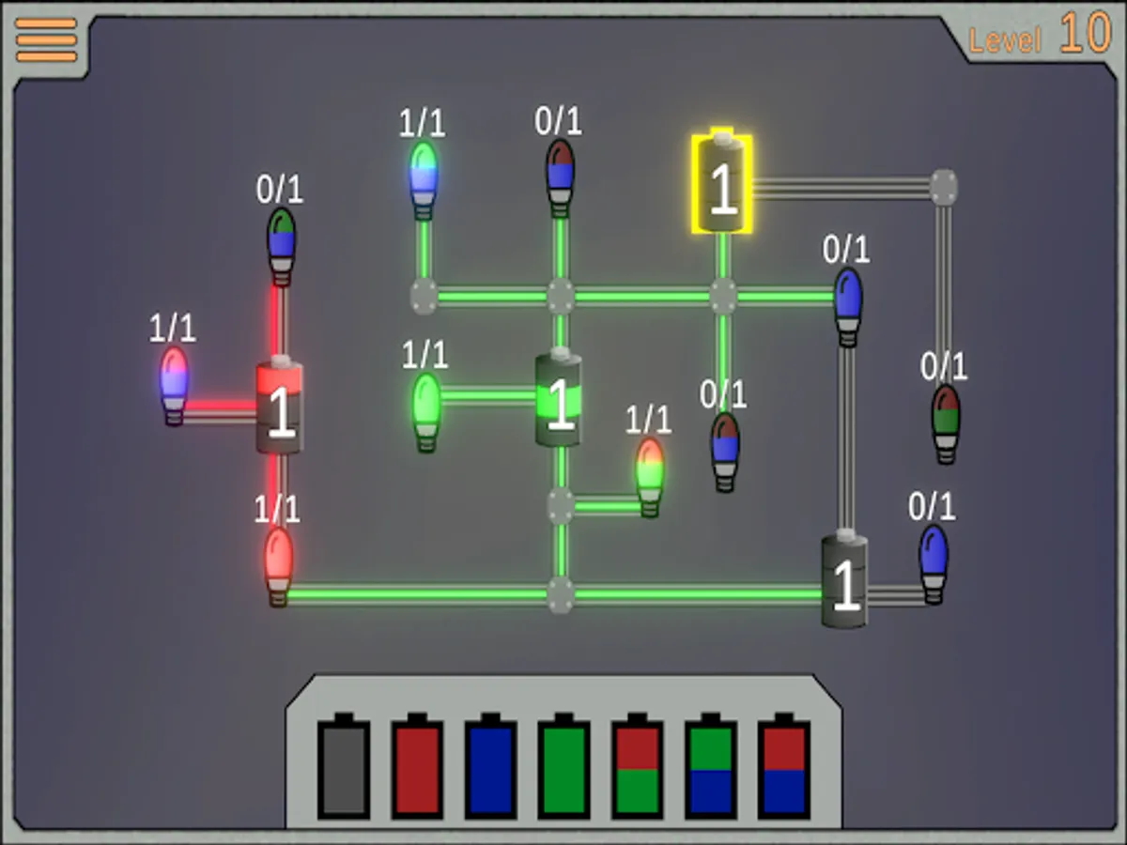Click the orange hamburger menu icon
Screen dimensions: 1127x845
46,40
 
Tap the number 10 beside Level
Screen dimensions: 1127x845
1086,33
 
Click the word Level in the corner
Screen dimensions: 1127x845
1005,40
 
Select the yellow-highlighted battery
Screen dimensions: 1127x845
722,181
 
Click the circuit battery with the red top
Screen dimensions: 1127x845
280,405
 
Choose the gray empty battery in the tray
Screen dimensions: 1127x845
344,765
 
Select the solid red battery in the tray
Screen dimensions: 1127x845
417,765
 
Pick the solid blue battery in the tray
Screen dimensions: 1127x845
490,765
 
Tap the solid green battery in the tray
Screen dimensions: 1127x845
563,765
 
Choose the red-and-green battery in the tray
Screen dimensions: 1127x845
637,765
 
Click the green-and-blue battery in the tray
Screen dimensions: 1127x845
711,765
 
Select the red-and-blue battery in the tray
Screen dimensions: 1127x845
784,765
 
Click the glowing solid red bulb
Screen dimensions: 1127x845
279,567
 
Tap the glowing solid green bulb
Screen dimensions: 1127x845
426,413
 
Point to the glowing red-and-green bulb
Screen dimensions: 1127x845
650,478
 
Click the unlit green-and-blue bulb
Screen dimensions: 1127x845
282,247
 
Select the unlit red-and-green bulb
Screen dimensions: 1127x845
946,424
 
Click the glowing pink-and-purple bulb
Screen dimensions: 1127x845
174,386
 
